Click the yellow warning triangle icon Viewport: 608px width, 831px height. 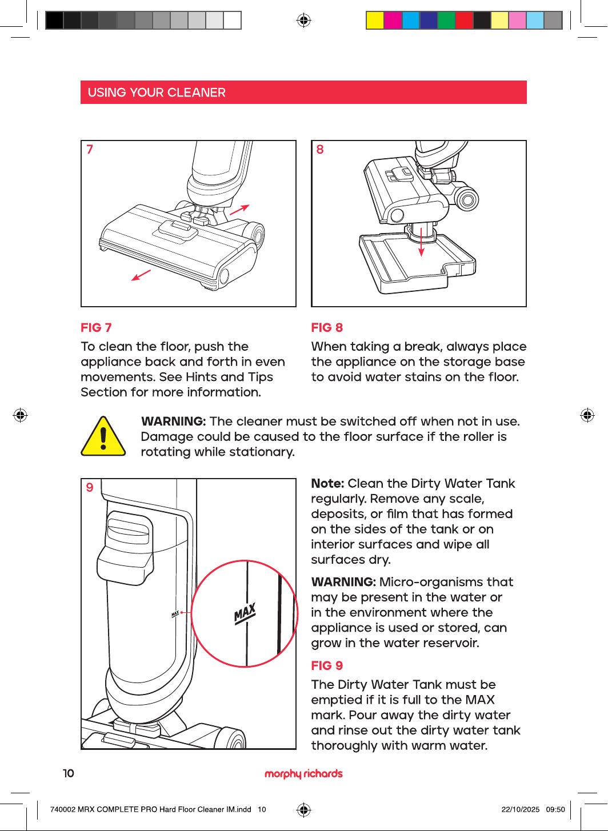103,436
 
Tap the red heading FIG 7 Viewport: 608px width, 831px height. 96,328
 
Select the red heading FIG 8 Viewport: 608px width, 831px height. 327,328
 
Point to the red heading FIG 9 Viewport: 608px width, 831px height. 327,665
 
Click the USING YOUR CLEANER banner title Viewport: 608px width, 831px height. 157,93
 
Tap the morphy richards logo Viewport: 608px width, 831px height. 303,773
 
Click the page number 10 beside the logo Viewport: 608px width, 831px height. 69,773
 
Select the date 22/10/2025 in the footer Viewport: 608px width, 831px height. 521,809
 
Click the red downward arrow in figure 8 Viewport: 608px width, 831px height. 421,242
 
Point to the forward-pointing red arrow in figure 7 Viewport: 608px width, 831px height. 239,210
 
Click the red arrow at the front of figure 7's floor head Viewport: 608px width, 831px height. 141,275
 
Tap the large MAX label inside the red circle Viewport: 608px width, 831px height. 245,613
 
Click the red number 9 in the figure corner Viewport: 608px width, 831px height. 90,487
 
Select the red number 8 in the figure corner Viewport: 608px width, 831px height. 319,149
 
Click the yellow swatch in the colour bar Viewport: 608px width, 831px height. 375,20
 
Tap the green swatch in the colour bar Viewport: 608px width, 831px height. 446,20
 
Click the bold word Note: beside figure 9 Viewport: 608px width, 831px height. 328,483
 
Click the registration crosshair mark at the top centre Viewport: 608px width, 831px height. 303,20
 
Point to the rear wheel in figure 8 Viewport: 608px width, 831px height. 467,199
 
